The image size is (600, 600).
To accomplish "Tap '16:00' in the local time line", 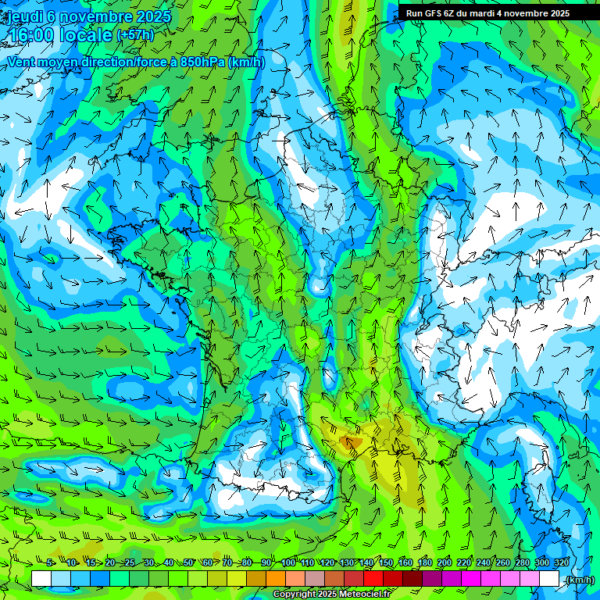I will pos(33,35).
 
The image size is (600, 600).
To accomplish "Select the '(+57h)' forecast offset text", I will pos(135,35).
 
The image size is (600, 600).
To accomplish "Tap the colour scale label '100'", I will pos(288,562).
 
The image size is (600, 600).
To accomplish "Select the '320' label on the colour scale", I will pos(561,562).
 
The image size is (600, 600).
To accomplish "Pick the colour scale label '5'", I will pos(50,562).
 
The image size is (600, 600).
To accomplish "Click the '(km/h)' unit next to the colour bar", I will pos(579,579).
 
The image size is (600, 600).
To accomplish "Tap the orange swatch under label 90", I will pos(275,579).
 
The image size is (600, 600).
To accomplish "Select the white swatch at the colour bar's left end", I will pos(41,579).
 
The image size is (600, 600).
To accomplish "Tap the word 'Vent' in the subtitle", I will pos(23,62).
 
